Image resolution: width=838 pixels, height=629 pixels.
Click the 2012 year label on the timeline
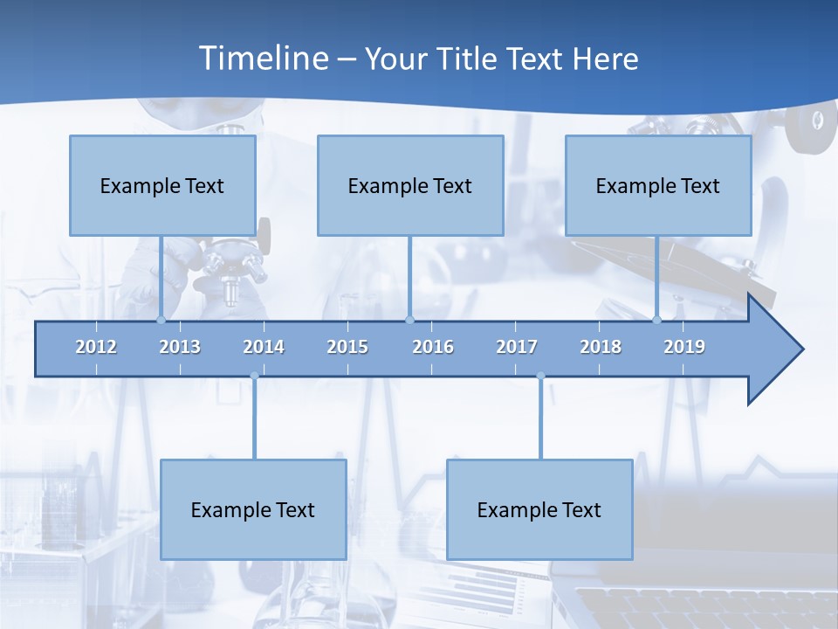pyautogui.click(x=96, y=347)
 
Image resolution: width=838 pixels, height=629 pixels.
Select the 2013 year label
pyautogui.click(x=180, y=347)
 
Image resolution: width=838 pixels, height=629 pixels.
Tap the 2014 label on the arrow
pyautogui.click(x=264, y=347)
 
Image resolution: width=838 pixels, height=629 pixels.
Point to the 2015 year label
pyautogui.click(x=347, y=347)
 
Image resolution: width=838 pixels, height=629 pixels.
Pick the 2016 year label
pyautogui.click(x=433, y=347)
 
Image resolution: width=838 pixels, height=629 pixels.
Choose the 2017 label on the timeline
pyautogui.click(x=517, y=347)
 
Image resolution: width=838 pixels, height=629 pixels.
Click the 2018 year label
pyautogui.click(x=601, y=347)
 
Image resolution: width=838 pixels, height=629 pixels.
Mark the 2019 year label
pyautogui.click(x=684, y=347)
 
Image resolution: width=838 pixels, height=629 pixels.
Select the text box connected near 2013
pyautogui.click(x=162, y=185)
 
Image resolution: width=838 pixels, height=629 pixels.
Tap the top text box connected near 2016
pyautogui.click(x=410, y=185)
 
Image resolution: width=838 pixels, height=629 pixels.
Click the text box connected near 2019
pyautogui.click(x=658, y=185)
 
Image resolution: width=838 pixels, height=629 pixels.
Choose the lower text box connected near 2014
pyautogui.click(x=253, y=509)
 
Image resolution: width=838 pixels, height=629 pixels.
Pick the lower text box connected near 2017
pyautogui.click(x=539, y=509)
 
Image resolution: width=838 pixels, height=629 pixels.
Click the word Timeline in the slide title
pyautogui.click(x=263, y=59)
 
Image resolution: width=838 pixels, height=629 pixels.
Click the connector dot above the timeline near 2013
pyautogui.click(x=161, y=320)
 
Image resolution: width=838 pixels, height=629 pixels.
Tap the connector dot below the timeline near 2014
pyautogui.click(x=254, y=377)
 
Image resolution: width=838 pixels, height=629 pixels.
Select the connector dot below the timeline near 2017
pyautogui.click(x=540, y=377)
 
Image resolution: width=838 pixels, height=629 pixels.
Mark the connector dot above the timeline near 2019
pyautogui.click(x=657, y=320)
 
